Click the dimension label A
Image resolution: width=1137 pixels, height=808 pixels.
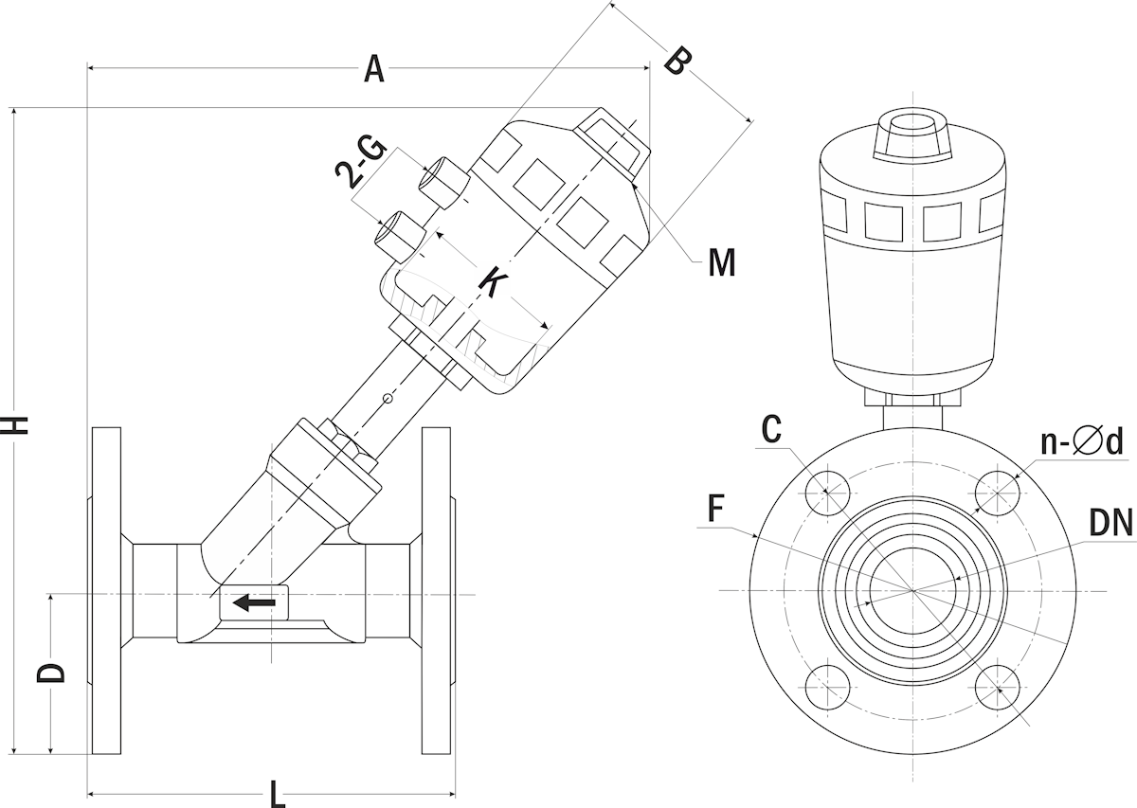(x=374, y=68)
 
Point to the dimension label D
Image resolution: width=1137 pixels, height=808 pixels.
(x=51, y=672)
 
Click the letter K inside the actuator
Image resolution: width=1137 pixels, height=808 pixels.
(x=492, y=281)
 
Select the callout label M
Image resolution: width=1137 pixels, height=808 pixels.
(x=721, y=262)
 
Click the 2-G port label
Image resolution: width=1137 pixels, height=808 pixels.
(x=361, y=160)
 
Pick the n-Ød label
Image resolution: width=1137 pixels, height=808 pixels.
(x=1081, y=441)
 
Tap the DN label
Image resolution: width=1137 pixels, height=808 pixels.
(x=1110, y=522)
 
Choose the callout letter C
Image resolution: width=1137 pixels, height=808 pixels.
(x=772, y=430)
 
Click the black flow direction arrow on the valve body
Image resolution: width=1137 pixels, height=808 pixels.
(x=254, y=602)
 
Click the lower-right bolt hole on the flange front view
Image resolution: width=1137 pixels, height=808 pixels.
(x=999, y=688)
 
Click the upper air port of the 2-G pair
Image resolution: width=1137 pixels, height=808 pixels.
(x=445, y=179)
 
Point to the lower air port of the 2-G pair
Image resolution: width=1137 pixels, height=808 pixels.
(x=402, y=231)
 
